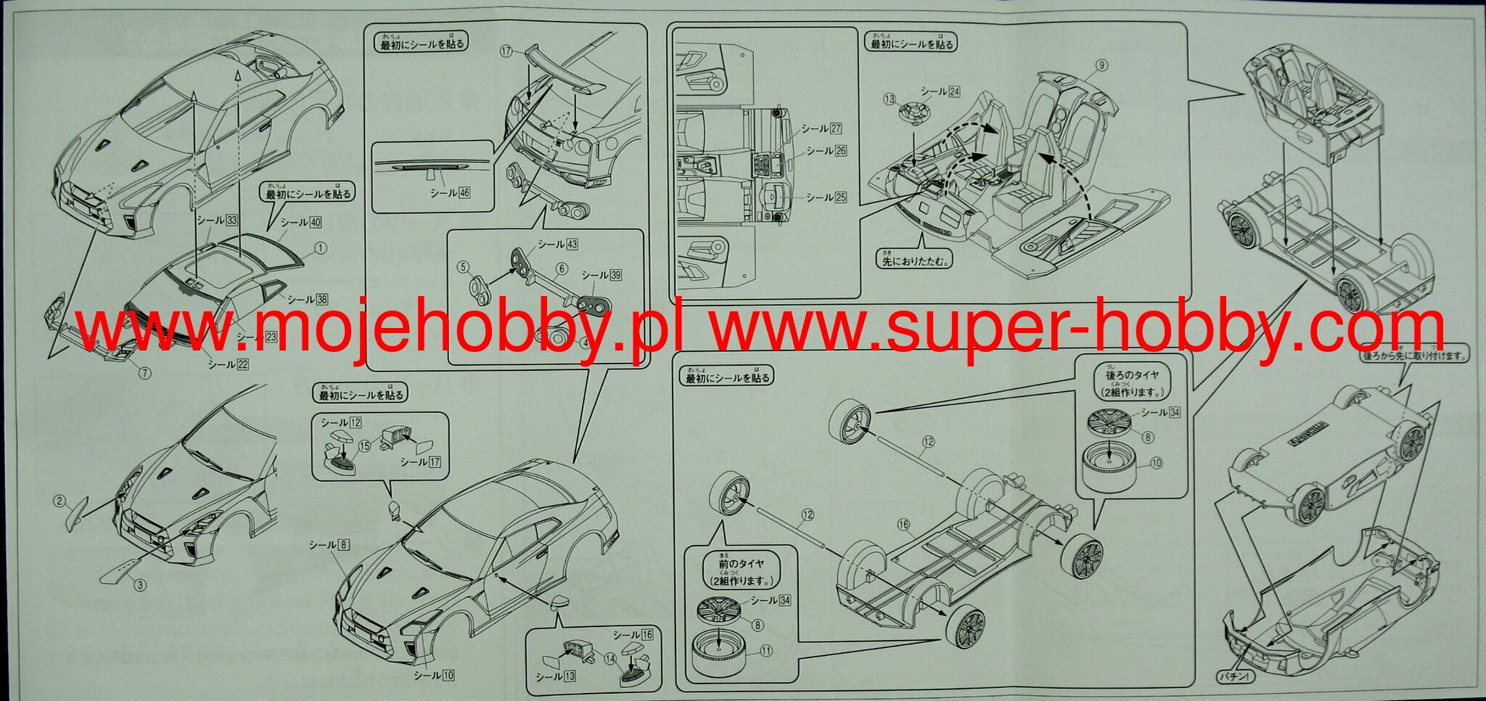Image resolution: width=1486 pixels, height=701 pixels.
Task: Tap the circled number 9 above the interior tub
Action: pyautogui.click(x=1102, y=65)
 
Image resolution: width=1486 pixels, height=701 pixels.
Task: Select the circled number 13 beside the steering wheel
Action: pyautogui.click(x=890, y=99)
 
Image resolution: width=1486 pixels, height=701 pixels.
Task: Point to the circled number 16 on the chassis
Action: pyautogui.click(x=903, y=524)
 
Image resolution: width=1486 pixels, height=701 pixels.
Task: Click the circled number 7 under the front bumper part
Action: pyautogui.click(x=144, y=373)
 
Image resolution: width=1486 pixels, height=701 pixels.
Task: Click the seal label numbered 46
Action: pyautogui.click(x=450, y=192)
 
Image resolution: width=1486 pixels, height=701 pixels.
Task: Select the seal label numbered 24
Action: pyautogui.click(x=940, y=91)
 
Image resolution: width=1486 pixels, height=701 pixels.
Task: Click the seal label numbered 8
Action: pyautogui.click(x=329, y=544)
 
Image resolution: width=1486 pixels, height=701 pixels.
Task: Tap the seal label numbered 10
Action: pyautogui.click(x=434, y=675)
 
